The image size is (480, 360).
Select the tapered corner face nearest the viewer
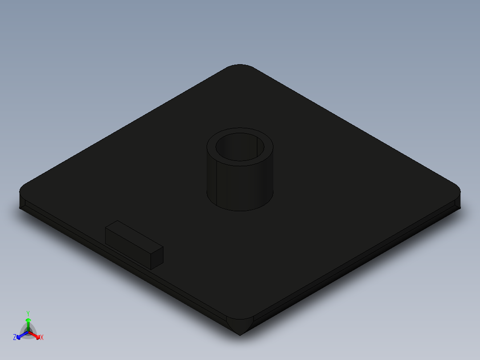pos(240,325)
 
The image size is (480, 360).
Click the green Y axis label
pos(28,313)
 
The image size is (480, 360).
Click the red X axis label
pos(42,338)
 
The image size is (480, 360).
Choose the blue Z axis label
pos(15,337)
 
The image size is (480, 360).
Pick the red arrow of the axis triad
pos(37,335)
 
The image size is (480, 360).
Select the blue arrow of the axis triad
pos(20,335)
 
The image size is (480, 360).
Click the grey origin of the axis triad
pos(28,332)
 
